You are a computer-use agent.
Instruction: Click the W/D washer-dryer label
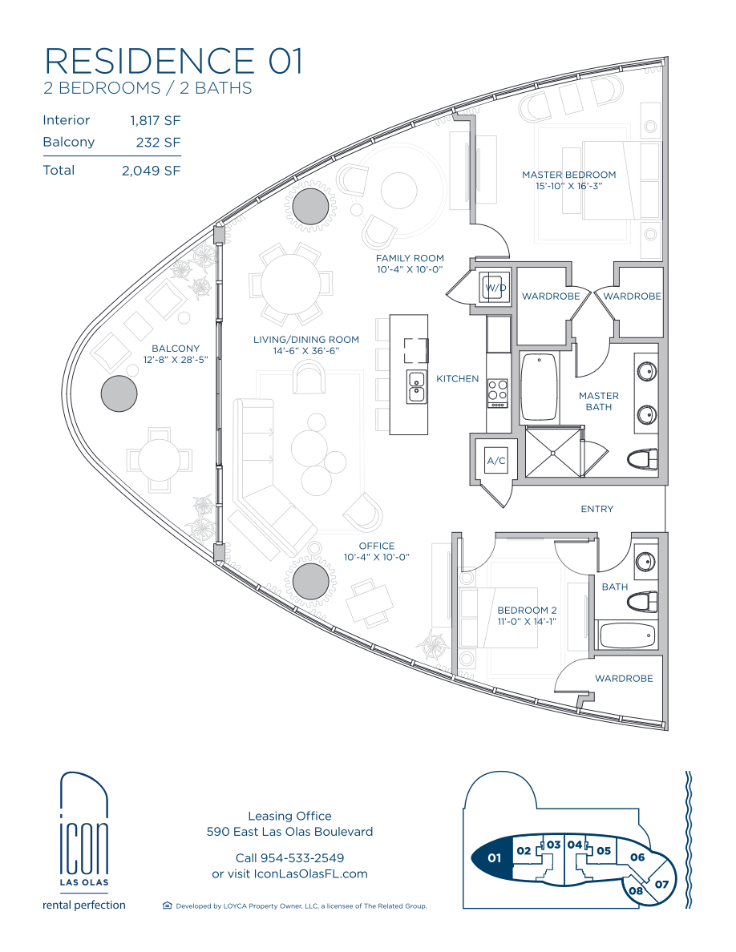click(495, 287)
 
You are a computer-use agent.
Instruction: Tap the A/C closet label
click(496, 461)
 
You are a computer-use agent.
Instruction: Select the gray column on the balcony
click(119, 393)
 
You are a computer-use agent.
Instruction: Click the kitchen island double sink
click(417, 387)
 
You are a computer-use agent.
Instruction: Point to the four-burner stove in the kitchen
click(497, 393)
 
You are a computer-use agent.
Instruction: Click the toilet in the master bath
click(643, 458)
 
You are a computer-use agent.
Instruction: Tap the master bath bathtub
click(540, 386)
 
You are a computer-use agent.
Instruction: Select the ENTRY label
click(597, 509)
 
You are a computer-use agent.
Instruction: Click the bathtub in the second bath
click(628, 636)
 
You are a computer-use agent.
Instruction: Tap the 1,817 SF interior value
click(156, 120)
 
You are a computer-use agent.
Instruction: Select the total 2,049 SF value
click(152, 171)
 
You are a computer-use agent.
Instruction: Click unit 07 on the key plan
click(661, 884)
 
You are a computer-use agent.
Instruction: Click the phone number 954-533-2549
click(301, 858)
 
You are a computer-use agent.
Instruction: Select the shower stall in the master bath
click(553, 452)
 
